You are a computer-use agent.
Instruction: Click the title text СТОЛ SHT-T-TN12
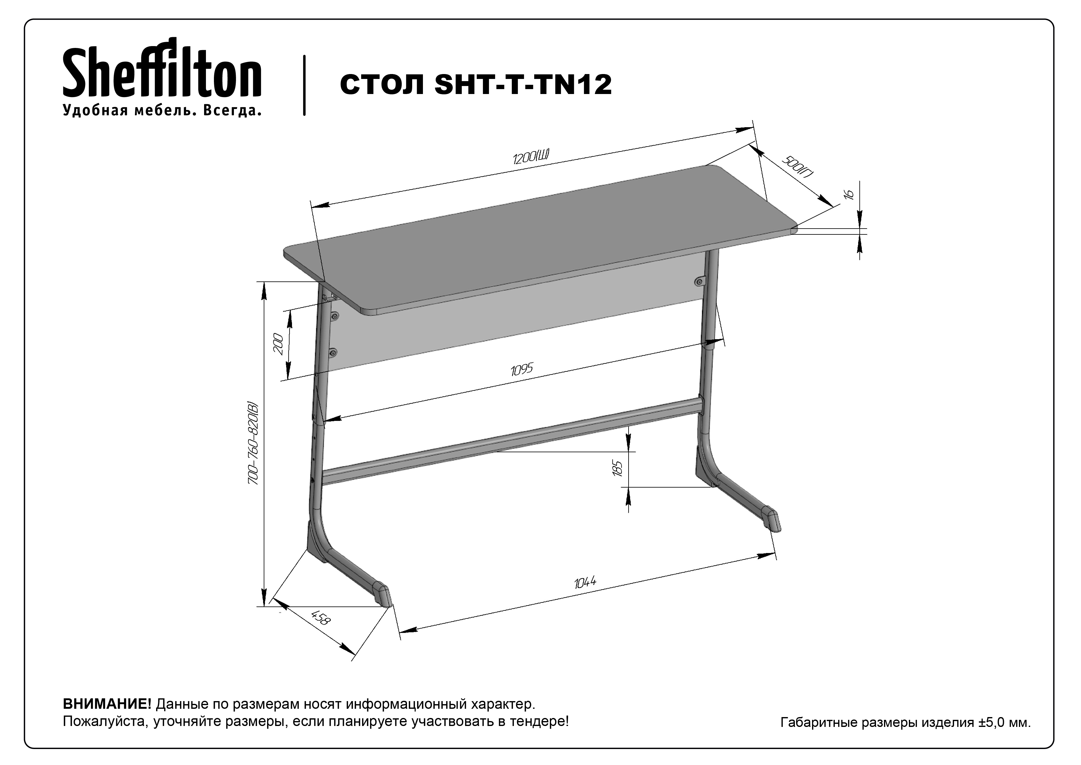pos(475,85)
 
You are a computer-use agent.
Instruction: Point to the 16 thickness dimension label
pos(849,194)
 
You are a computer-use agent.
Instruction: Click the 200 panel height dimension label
pos(278,344)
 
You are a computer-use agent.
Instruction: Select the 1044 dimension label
pos(585,583)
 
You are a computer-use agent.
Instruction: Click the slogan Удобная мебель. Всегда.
pos(162,110)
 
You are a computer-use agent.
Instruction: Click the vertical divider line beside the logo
pos(304,85)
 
